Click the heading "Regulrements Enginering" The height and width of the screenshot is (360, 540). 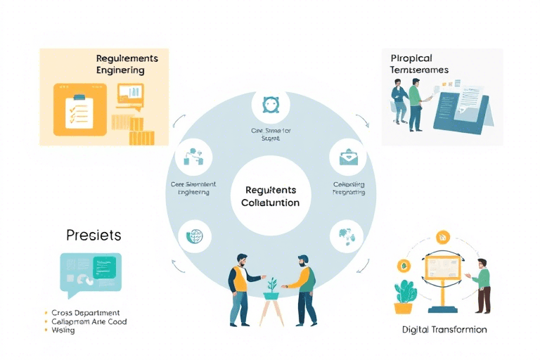click(127, 64)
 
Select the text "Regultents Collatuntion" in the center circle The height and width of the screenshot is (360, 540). click(270, 196)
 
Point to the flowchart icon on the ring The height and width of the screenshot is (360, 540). click(193, 157)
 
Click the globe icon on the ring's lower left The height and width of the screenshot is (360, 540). click(193, 236)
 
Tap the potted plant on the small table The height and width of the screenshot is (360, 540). click(271, 287)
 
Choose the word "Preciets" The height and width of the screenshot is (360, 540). click(94, 235)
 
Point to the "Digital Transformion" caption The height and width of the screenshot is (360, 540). click(444, 329)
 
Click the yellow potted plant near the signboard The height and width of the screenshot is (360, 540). click(404, 296)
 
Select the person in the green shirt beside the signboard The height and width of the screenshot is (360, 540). click(482, 285)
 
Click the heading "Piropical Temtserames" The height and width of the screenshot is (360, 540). click(420, 64)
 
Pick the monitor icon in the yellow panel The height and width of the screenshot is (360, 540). click(130, 94)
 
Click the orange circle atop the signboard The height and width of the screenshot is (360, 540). click(442, 236)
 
